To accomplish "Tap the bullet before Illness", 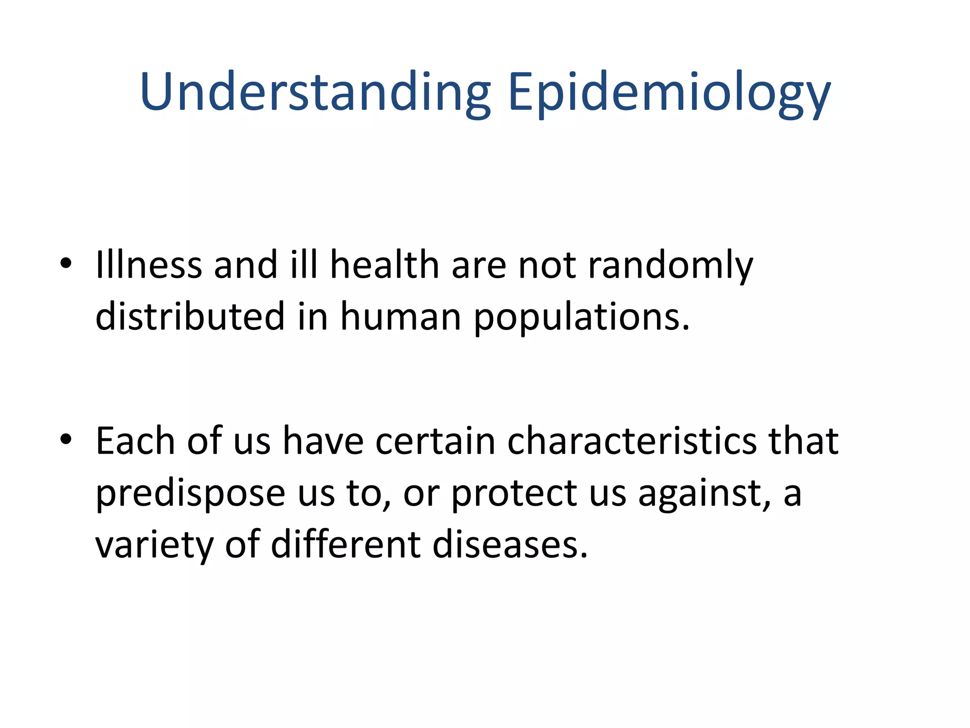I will [66, 263].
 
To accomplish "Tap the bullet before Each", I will [66, 439].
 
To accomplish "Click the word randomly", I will [670, 266].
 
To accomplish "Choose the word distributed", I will [190, 316].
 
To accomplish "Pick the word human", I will [401, 316].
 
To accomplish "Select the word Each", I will [135, 441].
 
